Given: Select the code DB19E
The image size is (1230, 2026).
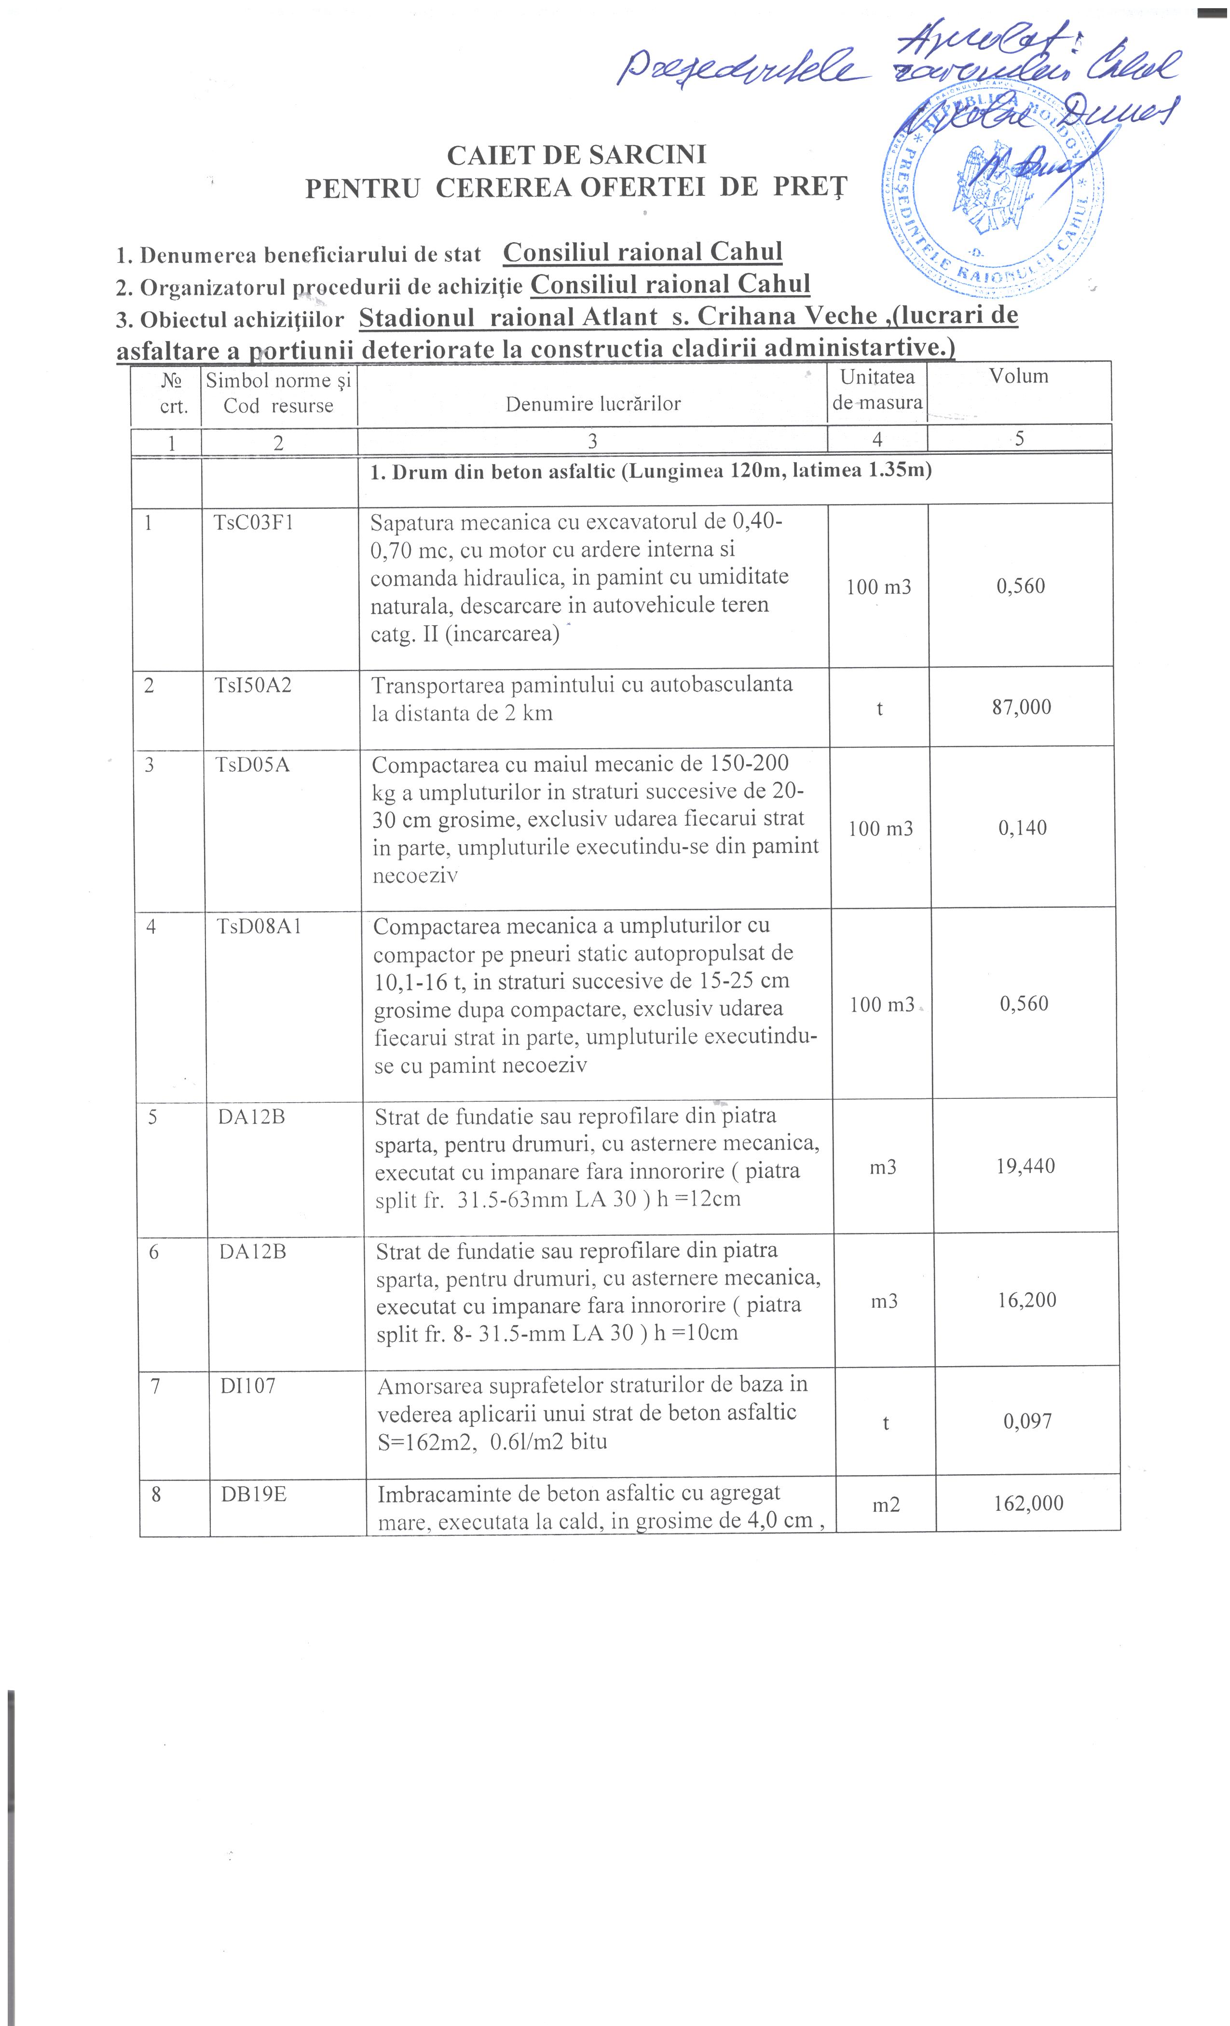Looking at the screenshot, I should (253, 1493).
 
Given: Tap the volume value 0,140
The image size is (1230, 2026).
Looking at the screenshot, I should (1023, 828).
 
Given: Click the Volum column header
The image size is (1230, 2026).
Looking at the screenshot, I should (1019, 377).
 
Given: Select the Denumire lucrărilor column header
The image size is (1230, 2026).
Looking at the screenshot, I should (593, 404).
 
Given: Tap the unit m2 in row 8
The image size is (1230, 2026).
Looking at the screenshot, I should (886, 1504).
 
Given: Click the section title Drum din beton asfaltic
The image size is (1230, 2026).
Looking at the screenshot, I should (650, 472).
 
